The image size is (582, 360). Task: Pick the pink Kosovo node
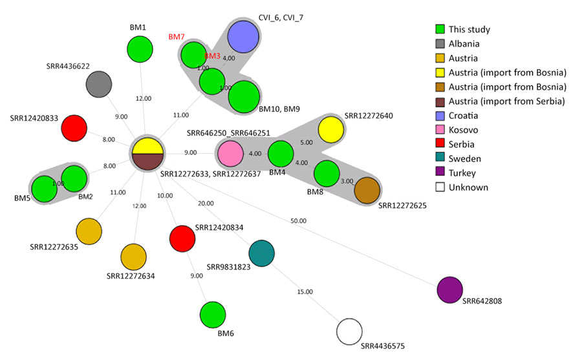pos(230,155)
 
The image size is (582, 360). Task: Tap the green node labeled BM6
pos(213,315)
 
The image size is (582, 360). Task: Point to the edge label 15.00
pos(305,292)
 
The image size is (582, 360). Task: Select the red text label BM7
pos(176,37)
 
